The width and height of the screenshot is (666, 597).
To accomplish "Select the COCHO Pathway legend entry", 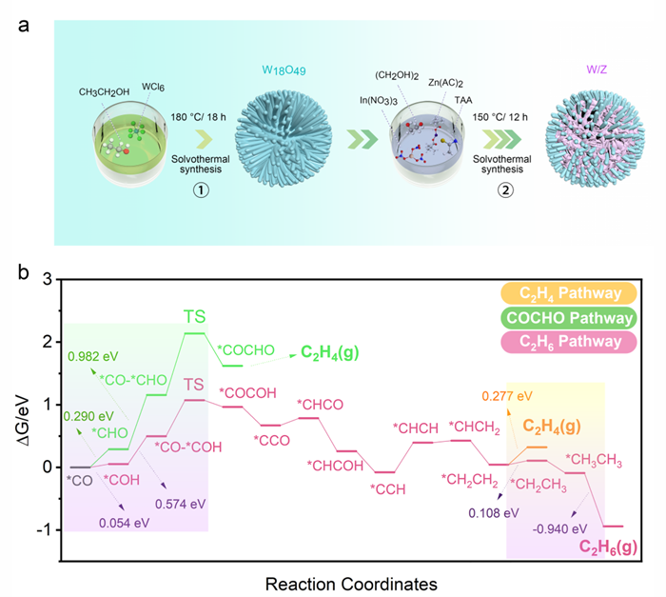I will (569, 317).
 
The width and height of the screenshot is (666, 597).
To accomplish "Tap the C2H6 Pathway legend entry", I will (569, 341).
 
